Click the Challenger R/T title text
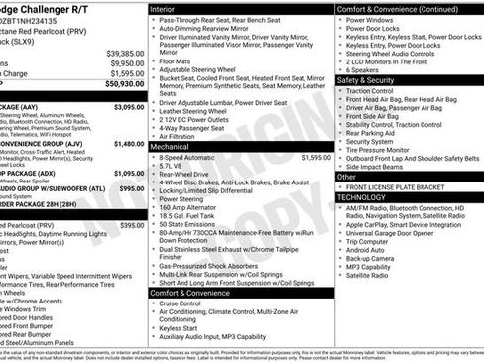click(46, 9)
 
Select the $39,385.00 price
click(125, 52)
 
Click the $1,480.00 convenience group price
click(129, 143)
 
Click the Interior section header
click(169, 8)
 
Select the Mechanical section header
click(177, 145)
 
